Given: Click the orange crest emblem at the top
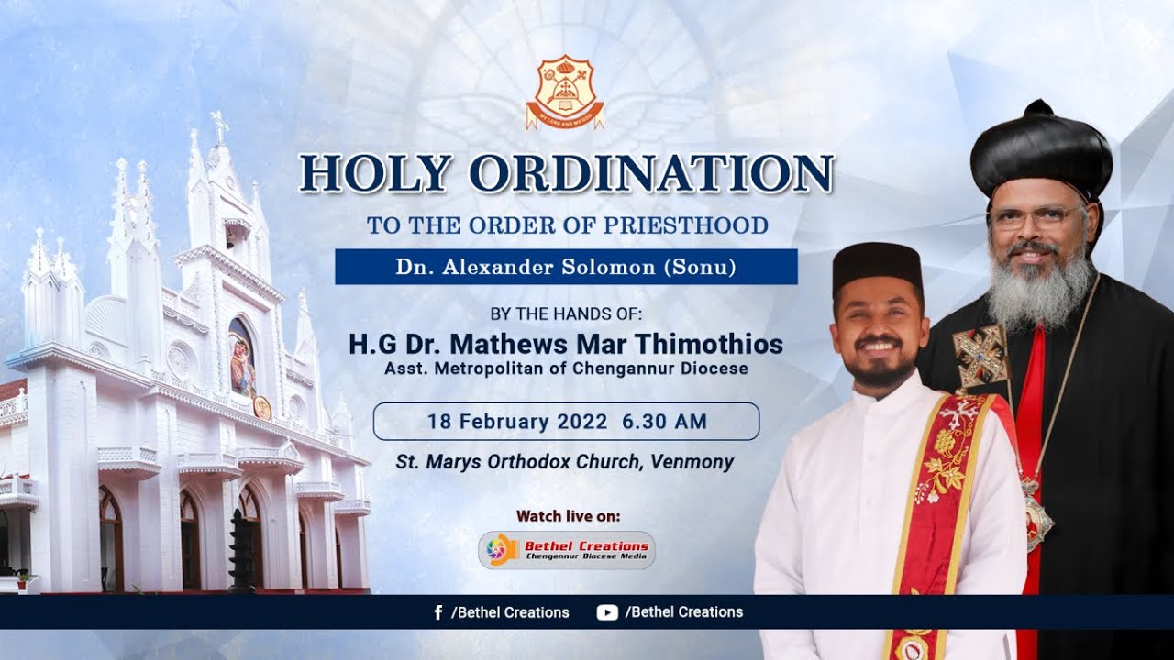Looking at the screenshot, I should [x=565, y=91].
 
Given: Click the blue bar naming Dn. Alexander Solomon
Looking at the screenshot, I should [x=566, y=267].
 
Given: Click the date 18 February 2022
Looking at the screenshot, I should [x=517, y=422].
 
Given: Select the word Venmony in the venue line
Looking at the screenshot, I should [x=692, y=462].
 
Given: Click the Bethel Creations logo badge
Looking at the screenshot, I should [x=566, y=550].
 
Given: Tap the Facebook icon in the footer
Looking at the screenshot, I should [x=438, y=612].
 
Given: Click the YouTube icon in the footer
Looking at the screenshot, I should [x=606, y=612].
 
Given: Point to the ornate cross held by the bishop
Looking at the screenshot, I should [x=980, y=356].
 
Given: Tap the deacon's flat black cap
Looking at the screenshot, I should [x=877, y=265].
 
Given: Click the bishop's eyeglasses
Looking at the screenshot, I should [x=1036, y=218].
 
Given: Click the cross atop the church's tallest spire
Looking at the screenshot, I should [x=219, y=125].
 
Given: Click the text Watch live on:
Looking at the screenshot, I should [x=568, y=516].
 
